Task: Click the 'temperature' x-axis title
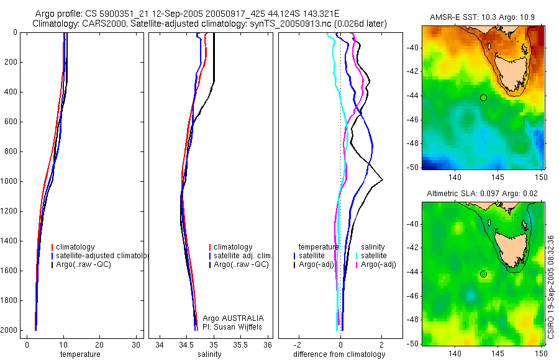80,354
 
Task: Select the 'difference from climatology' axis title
339,354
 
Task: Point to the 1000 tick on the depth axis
9,181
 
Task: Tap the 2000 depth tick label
9,330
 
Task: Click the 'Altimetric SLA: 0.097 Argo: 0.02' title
481,195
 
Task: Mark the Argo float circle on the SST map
483,97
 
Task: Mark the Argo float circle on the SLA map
483,274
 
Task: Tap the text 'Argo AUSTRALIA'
229,318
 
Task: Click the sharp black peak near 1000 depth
382,180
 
